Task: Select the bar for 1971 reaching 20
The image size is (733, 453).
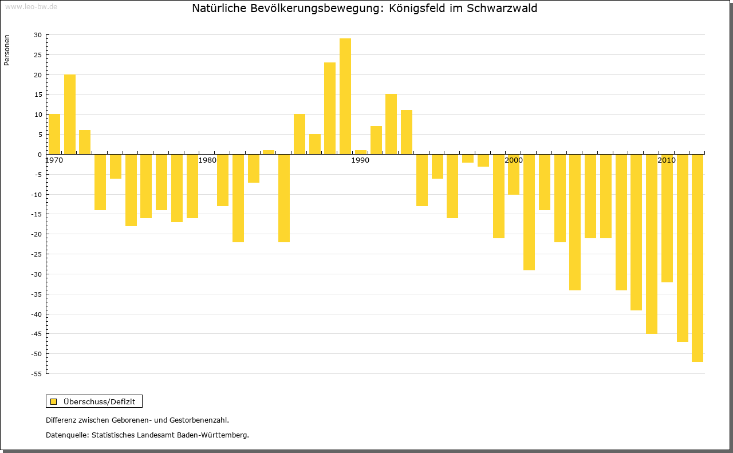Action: [70, 114]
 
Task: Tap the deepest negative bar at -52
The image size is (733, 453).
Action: [697, 258]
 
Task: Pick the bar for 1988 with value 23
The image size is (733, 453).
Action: [330, 108]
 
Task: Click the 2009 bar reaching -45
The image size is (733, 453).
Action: [651, 243]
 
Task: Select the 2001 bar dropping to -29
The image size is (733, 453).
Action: [529, 212]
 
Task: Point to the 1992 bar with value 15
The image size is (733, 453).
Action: [391, 124]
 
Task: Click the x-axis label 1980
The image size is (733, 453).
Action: [207, 160]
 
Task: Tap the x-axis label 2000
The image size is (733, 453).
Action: [514, 160]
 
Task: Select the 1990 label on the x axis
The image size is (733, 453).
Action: [360, 160]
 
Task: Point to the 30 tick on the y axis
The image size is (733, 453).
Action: [37, 35]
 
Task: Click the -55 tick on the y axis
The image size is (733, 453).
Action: [36, 374]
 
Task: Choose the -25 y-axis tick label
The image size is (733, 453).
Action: [36, 254]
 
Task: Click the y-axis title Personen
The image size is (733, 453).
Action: [7, 50]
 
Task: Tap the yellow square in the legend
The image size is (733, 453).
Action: [54, 401]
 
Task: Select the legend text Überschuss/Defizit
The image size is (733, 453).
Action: [100, 401]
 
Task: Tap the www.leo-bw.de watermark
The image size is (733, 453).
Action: [30, 6]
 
